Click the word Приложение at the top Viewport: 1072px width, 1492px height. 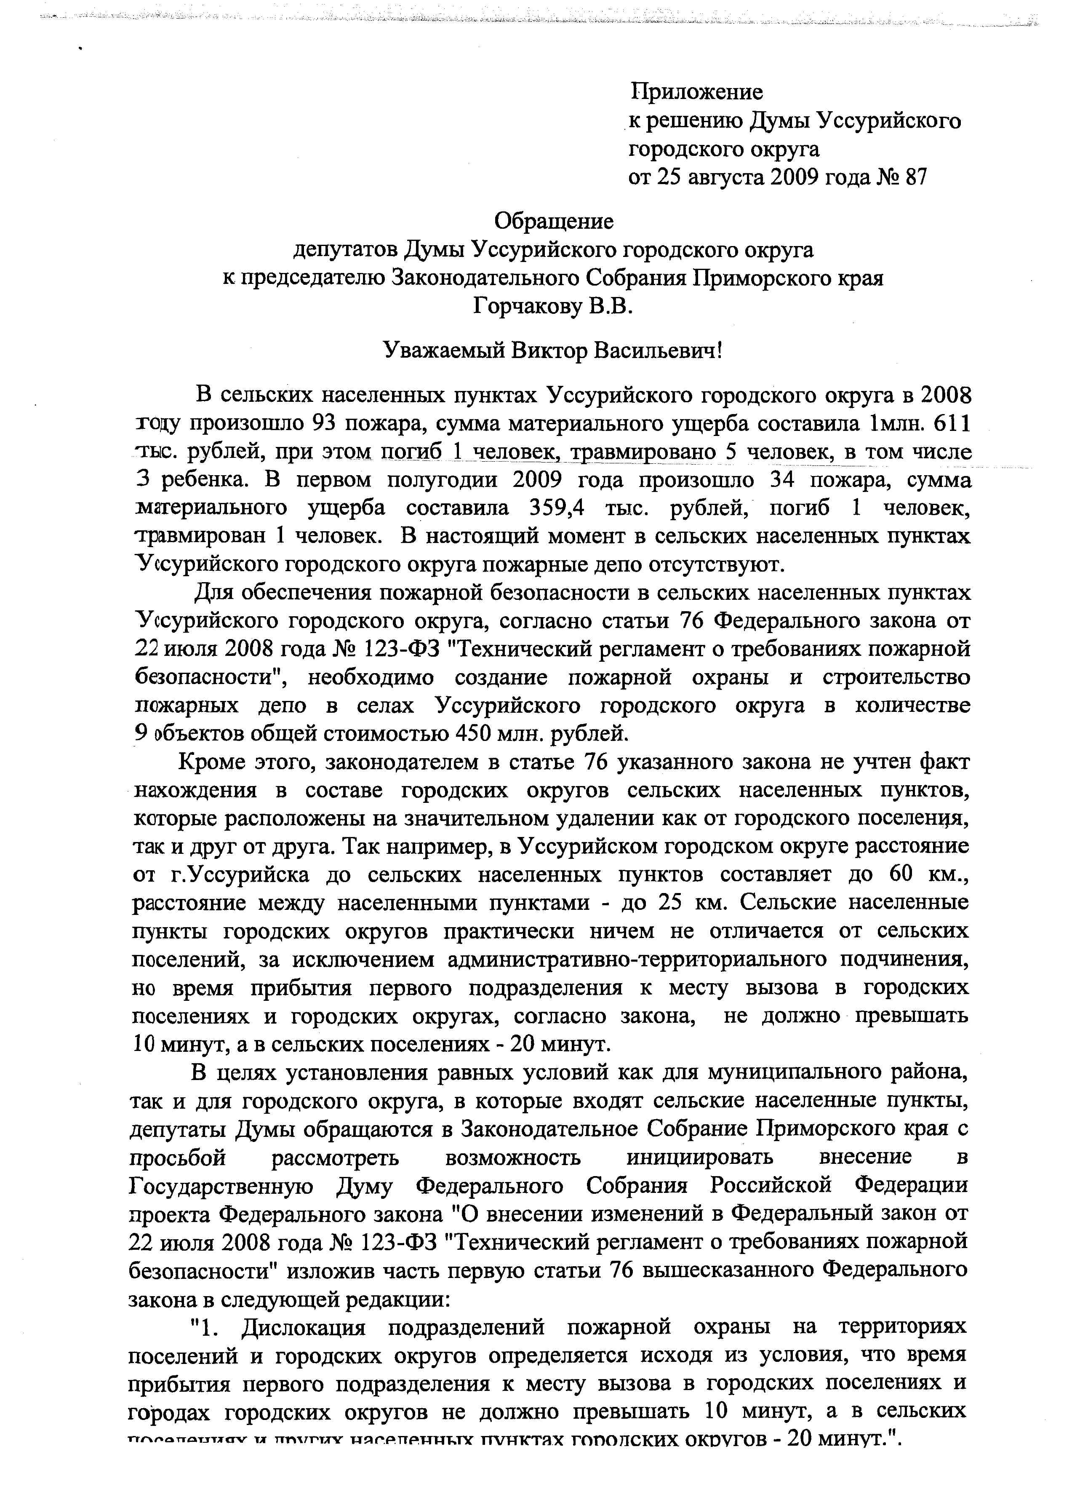pyautogui.click(x=696, y=91)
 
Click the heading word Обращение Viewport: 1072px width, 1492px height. pyautogui.click(x=553, y=221)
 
